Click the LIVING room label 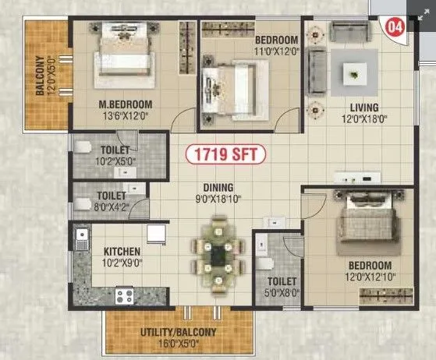[x=363, y=107]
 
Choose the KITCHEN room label [x=122, y=252]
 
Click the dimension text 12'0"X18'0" [x=363, y=119]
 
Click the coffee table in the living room [x=355, y=75]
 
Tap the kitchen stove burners [x=125, y=295]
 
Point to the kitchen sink [x=80, y=238]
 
